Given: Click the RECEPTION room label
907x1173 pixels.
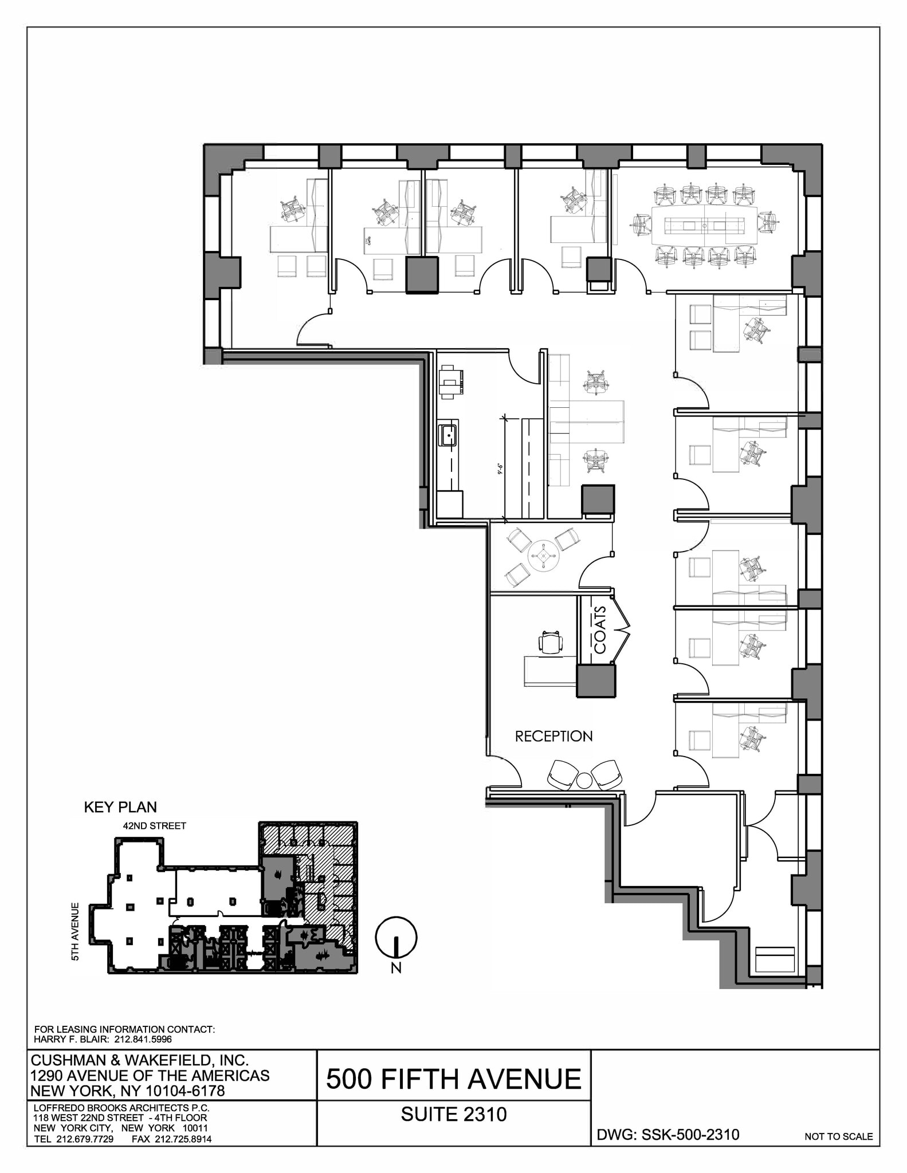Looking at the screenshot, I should [x=553, y=737].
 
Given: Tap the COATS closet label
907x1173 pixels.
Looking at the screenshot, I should [x=599, y=630].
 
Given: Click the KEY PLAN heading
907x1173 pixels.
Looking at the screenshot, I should [x=120, y=807].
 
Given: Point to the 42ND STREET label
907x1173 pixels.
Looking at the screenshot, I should [x=154, y=826].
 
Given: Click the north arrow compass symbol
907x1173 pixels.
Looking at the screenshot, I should [x=396, y=938].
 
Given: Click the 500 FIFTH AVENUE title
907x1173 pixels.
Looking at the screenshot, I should [x=453, y=1079].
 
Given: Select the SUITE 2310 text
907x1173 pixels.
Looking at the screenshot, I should [x=453, y=1114].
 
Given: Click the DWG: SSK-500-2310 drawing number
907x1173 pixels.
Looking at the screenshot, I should [x=668, y=1135].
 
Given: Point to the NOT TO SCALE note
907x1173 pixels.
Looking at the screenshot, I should [x=838, y=1136].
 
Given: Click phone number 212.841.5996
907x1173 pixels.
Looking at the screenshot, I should [x=144, y=1039].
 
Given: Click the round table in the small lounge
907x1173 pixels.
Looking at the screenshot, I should [x=543, y=555].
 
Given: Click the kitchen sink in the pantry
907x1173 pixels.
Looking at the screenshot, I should [x=448, y=435].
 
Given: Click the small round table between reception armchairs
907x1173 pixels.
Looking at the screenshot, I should [x=583, y=780].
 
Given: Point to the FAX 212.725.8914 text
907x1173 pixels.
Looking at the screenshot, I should [x=171, y=1139].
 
